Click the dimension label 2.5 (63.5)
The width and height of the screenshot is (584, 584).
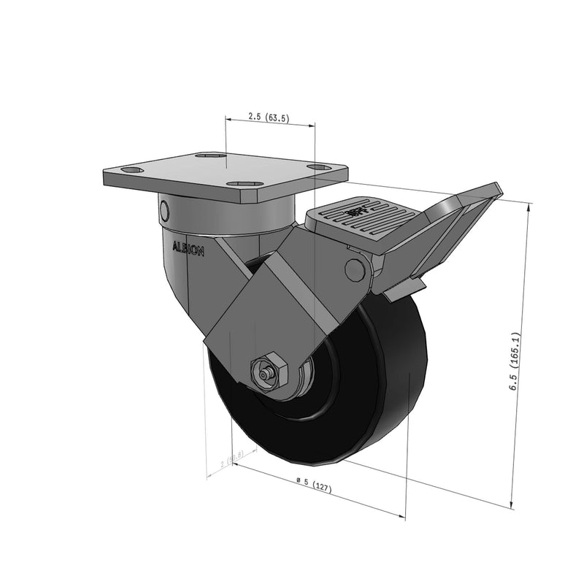click(269, 117)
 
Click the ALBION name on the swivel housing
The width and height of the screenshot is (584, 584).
click(188, 247)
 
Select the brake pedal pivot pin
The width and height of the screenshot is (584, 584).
click(356, 269)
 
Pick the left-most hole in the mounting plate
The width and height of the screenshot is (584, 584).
click(131, 170)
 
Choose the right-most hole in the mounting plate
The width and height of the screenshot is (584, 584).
click(318, 167)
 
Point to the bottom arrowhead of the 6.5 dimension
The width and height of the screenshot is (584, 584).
click(512, 504)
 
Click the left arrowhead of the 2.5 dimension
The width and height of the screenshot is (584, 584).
click(228, 117)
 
